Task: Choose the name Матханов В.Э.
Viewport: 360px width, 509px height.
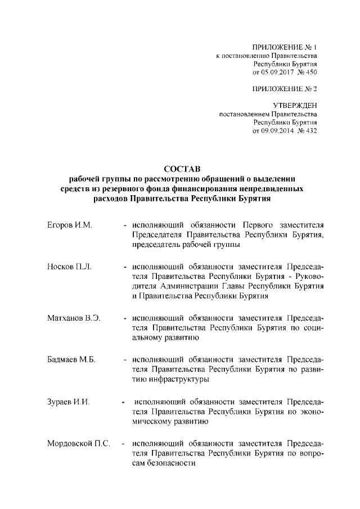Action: (74, 318)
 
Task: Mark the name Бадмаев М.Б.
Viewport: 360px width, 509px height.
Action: (71, 359)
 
